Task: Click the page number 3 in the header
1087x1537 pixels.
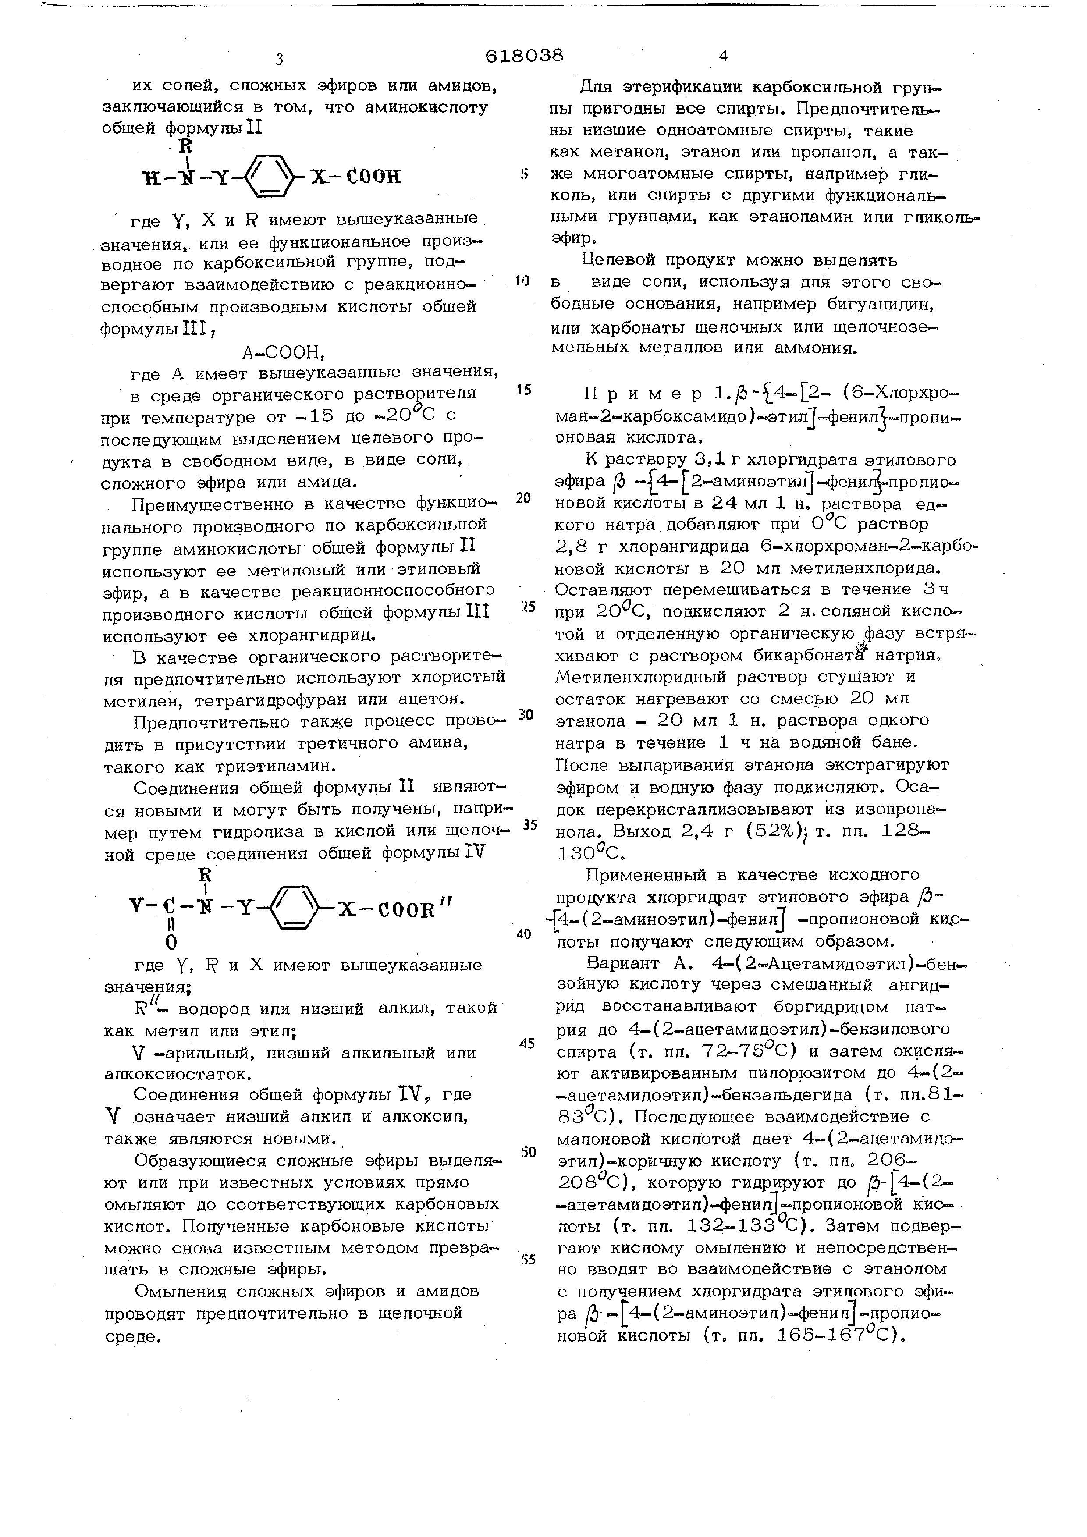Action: click(x=279, y=59)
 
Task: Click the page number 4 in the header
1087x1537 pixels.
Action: click(x=722, y=56)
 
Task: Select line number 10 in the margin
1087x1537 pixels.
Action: click(x=523, y=281)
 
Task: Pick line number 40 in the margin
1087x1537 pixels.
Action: click(x=523, y=934)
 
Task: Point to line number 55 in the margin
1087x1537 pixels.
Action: click(x=528, y=1259)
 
